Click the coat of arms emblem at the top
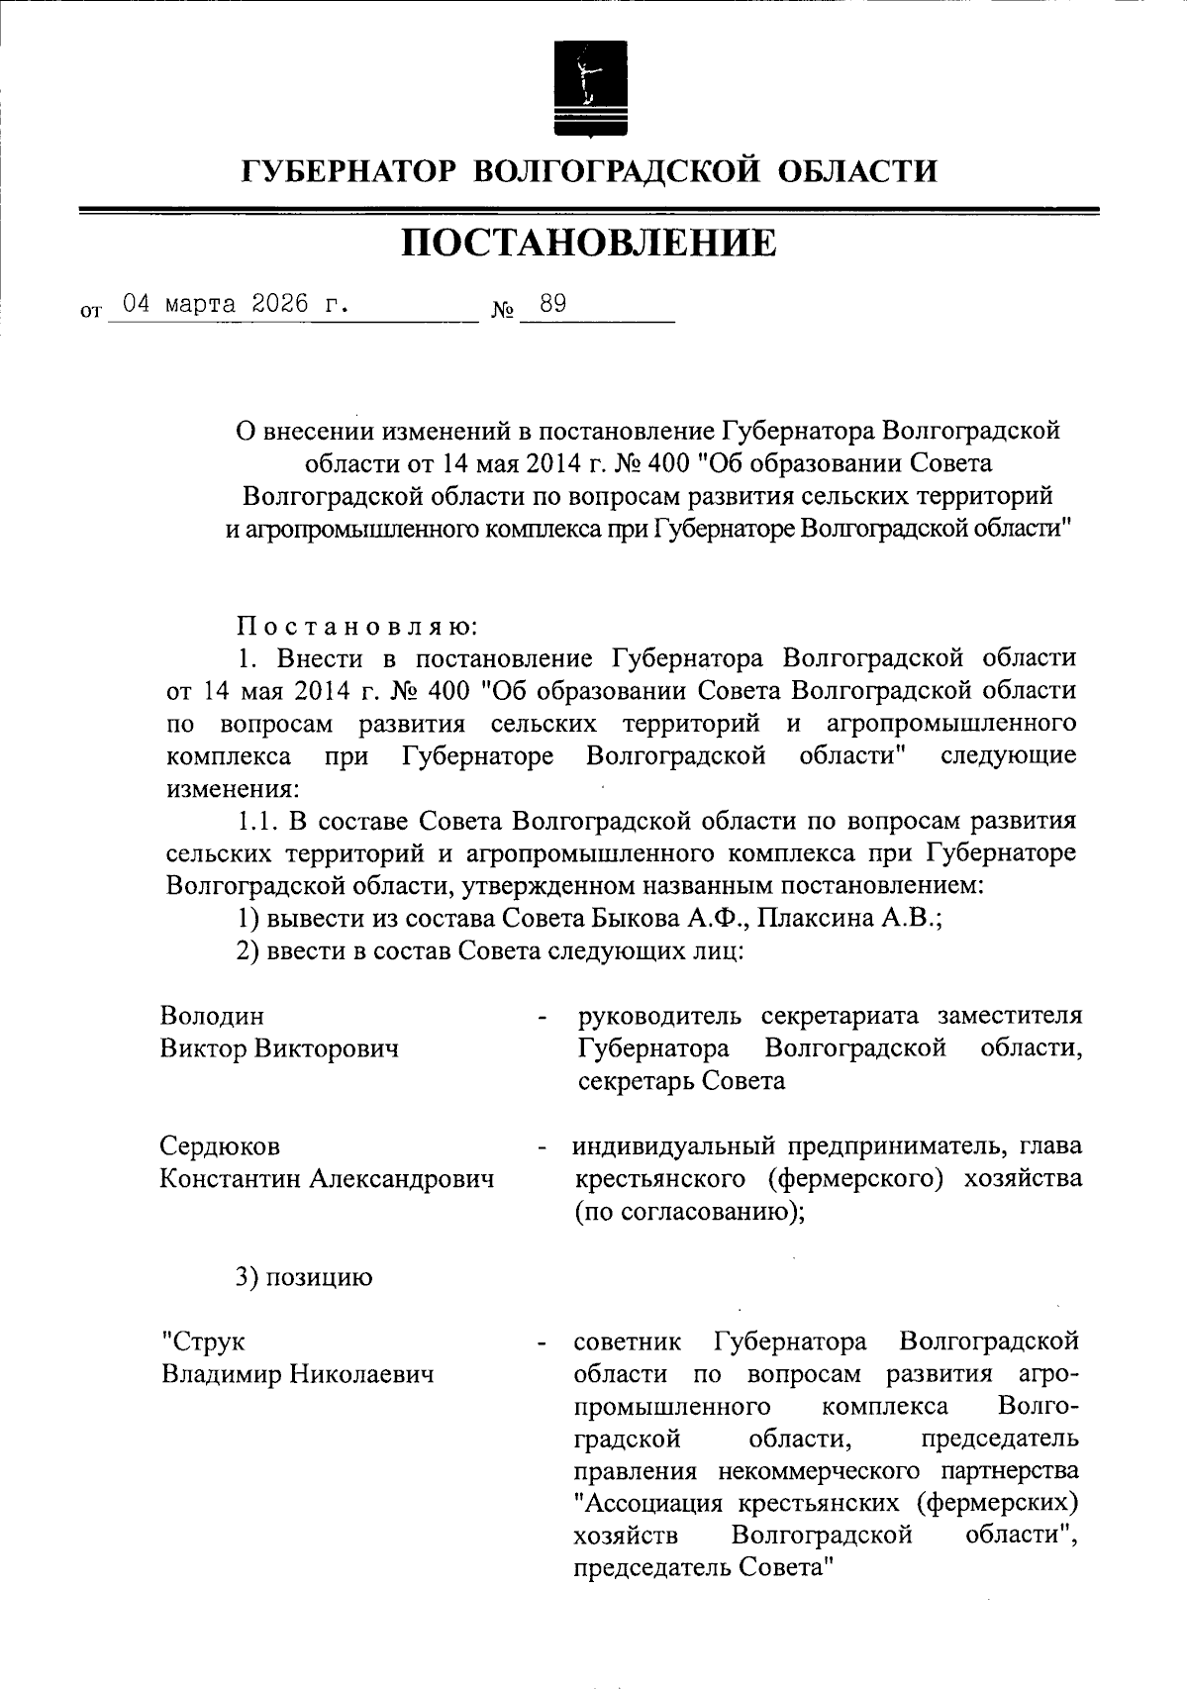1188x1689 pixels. click(589, 87)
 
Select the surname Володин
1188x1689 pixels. click(212, 1016)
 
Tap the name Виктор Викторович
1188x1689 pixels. click(279, 1048)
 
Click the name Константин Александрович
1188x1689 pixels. click(327, 1179)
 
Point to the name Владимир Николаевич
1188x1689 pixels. click(297, 1375)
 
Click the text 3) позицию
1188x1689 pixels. click(304, 1277)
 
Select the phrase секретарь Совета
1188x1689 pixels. click(681, 1081)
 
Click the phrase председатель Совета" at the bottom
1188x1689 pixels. click(699, 1568)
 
